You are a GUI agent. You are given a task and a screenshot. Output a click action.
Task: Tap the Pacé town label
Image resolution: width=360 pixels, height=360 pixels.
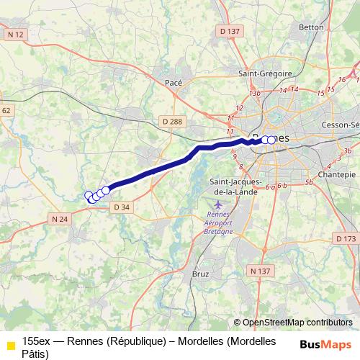pyautogui.click(x=174, y=82)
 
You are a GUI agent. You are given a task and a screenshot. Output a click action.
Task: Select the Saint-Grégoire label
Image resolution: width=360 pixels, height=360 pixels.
pyautogui.click(x=265, y=73)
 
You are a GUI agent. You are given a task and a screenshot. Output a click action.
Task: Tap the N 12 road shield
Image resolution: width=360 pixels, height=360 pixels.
pyautogui.click(x=15, y=34)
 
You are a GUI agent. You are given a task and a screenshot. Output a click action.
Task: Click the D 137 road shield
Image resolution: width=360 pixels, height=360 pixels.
pyautogui.click(x=229, y=31)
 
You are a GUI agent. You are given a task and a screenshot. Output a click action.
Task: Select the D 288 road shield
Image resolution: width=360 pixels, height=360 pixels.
pyautogui.click(x=173, y=122)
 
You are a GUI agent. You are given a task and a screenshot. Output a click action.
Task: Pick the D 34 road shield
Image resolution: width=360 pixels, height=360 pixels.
pyautogui.click(x=122, y=207)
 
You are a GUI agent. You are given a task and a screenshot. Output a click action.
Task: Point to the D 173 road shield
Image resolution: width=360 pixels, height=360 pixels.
pyautogui.click(x=346, y=238)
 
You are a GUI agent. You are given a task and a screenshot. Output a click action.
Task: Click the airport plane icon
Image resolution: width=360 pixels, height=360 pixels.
pyautogui.click(x=219, y=207)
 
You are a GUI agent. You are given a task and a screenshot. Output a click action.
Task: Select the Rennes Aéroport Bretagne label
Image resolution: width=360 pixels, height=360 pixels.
pyautogui.click(x=220, y=223)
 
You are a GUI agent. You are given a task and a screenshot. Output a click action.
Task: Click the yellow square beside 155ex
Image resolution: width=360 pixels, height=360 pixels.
pyautogui.click(x=10, y=346)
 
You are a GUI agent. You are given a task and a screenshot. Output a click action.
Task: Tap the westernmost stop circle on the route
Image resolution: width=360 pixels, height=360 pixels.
pyautogui.click(x=89, y=195)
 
